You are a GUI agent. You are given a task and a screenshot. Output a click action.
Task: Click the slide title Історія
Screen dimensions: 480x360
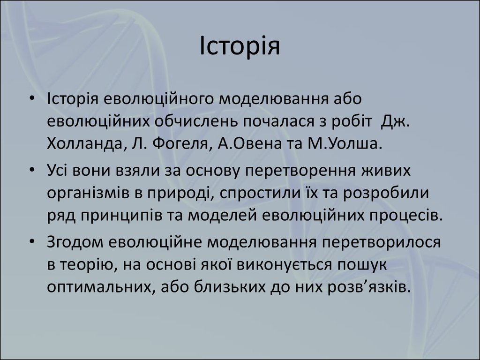click(x=240, y=46)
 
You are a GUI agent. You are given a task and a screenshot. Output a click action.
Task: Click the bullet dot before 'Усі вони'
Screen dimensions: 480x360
click(x=32, y=170)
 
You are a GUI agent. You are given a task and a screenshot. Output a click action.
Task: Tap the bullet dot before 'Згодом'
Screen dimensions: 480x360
click(x=32, y=241)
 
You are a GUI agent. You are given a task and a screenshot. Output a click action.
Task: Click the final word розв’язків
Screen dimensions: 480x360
click(x=369, y=287)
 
